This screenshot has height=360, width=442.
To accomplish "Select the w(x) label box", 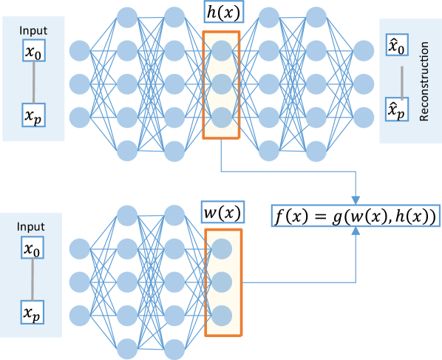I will click(222, 213).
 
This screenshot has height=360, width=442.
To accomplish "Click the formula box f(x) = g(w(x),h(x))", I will click(356, 217).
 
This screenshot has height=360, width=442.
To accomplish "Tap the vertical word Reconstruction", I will click(424, 81).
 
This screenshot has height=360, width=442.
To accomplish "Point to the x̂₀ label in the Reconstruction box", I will click(397, 49).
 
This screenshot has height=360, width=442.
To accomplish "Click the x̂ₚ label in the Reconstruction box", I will click(397, 111).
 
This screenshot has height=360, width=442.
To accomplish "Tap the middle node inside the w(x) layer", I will click(222, 282).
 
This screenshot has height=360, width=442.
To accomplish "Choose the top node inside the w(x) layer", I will click(222, 248).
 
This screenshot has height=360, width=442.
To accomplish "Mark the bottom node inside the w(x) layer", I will click(222, 316).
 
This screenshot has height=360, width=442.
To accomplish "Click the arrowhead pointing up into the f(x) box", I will click(356, 232).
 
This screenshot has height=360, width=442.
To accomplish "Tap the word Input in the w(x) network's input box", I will click(30, 227).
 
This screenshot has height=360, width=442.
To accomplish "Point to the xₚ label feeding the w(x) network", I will click(30, 311).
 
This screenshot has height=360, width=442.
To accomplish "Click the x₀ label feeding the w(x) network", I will click(30, 249).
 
